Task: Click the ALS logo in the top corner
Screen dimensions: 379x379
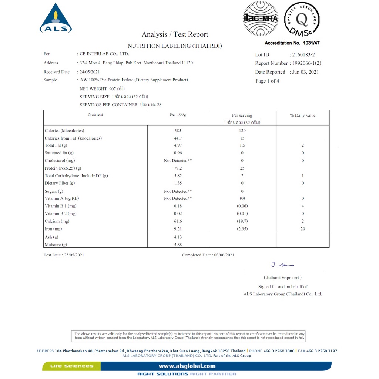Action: (56, 19)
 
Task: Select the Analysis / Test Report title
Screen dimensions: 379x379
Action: (175, 34)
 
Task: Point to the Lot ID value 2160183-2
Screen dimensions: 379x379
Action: (303, 54)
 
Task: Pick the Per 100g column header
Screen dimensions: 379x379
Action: (178, 115)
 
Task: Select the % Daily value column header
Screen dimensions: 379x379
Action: (302, 115)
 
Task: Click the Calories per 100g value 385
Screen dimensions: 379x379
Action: (178, 131)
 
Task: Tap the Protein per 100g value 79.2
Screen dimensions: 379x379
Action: (178, 168)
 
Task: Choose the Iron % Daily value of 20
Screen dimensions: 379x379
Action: (303, 229)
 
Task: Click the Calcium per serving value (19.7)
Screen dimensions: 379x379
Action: (242, 221)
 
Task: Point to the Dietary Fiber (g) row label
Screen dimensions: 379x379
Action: (60, 183)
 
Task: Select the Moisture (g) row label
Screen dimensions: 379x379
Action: (56, 245)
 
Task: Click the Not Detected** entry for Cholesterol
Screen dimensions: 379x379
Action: (178, 161)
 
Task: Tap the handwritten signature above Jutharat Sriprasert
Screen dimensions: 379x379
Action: (282, 265)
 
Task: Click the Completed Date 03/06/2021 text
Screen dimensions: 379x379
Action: (208, 255)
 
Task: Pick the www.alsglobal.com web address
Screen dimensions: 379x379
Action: (187, 366)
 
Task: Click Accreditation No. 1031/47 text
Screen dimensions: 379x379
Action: (292, 43)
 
